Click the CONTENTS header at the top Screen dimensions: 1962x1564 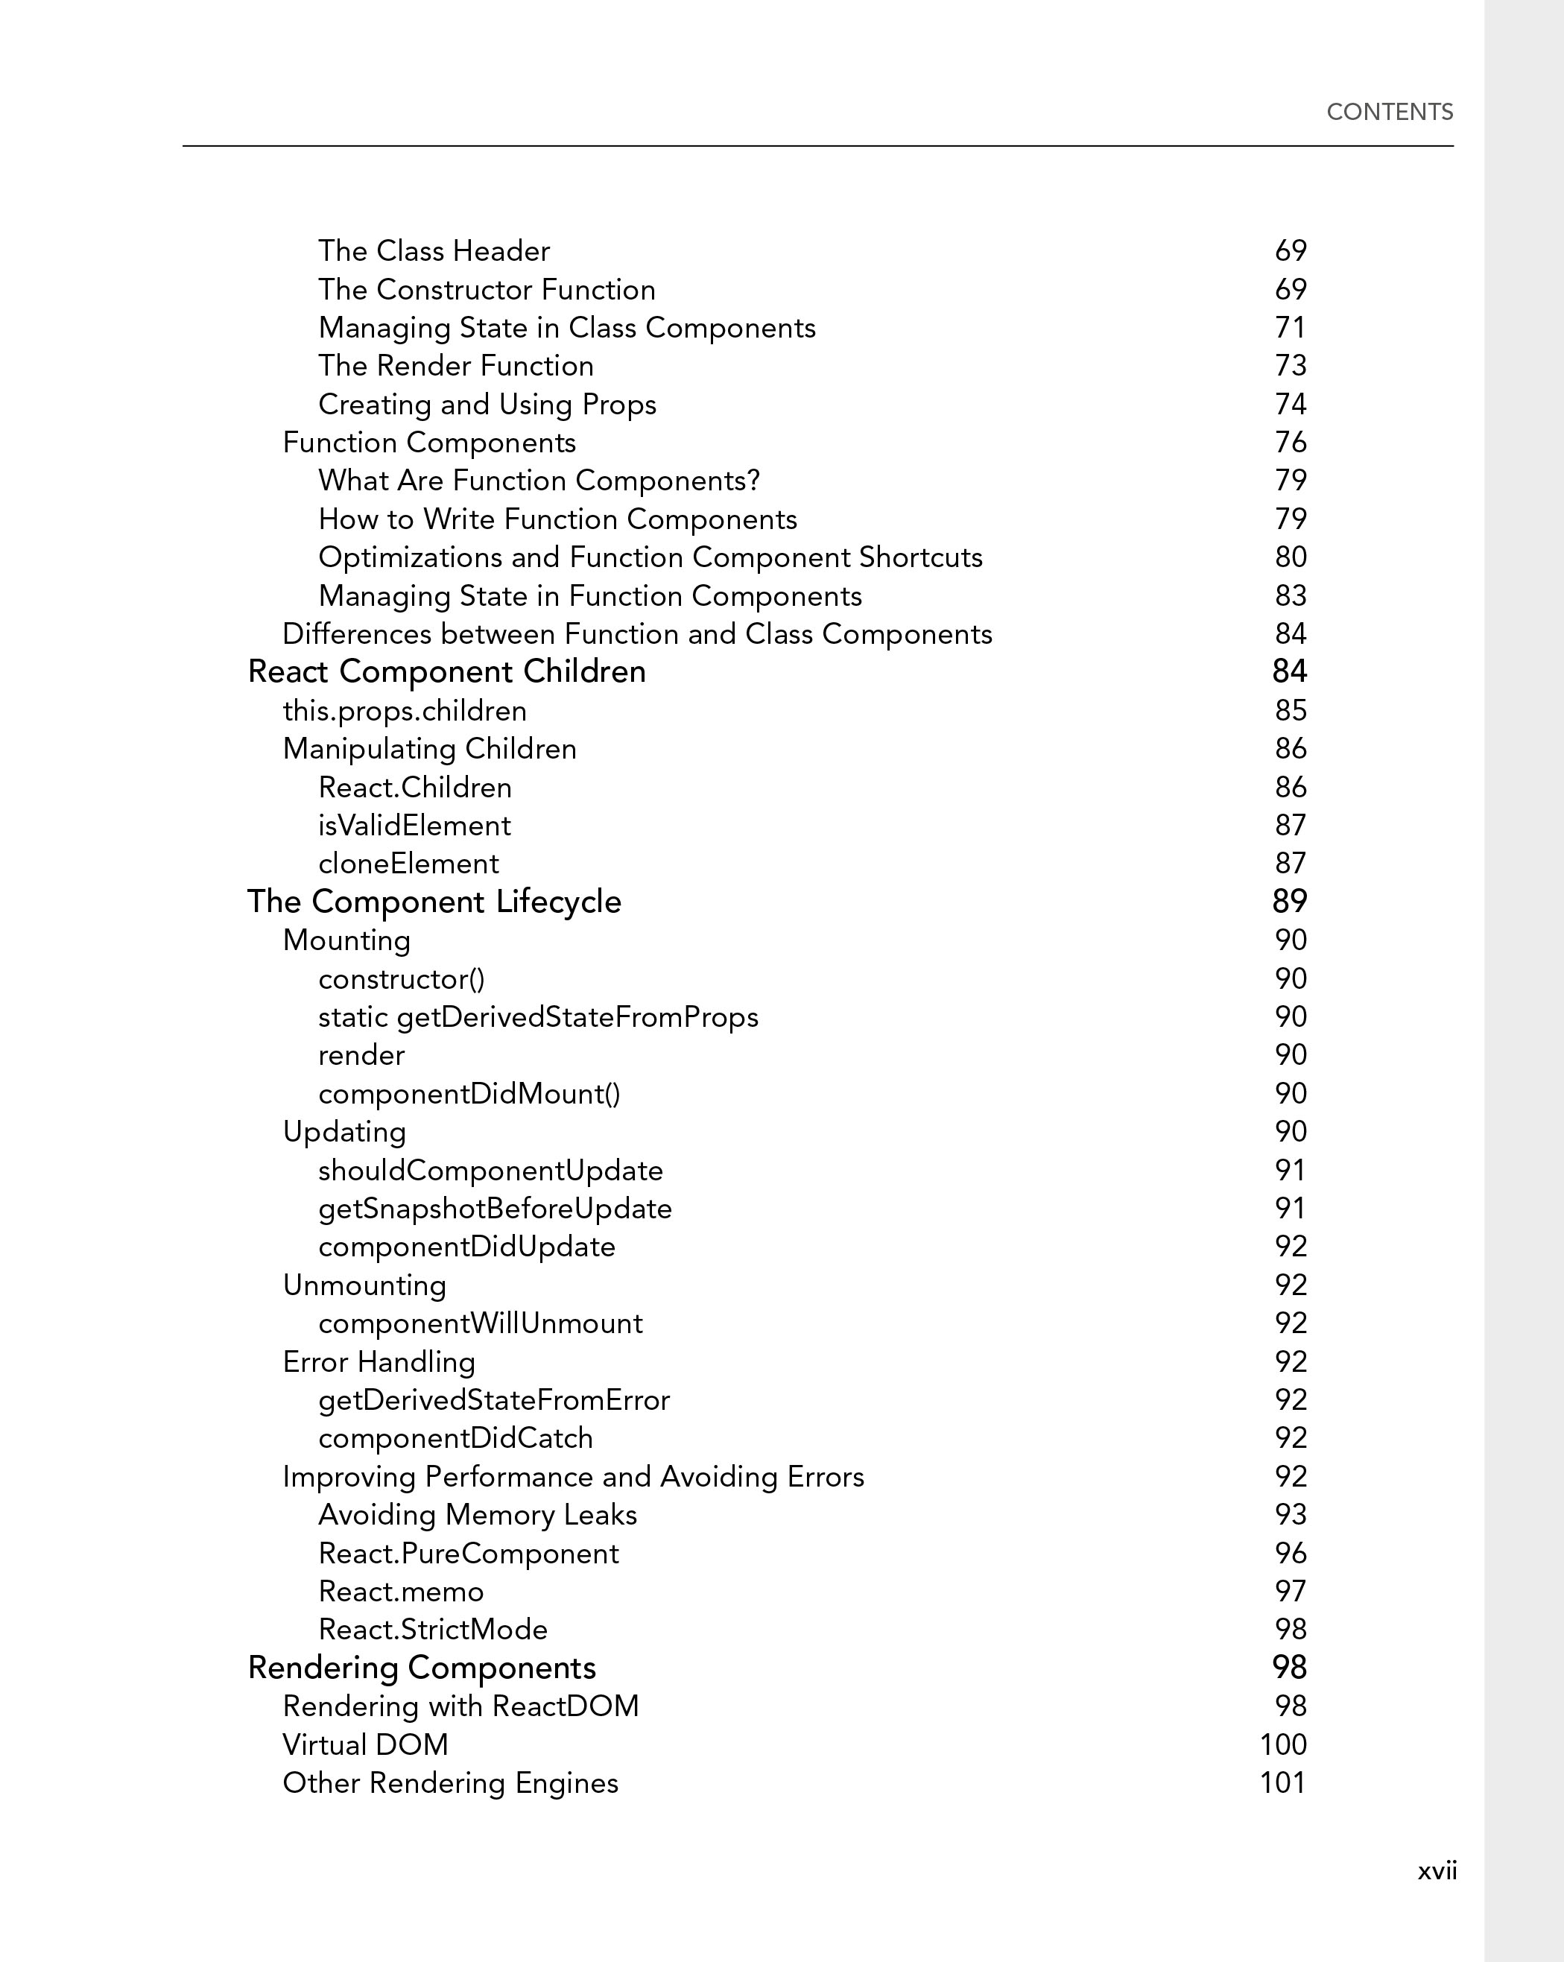coord(1390,112)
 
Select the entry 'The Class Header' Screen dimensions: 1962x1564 coord(434,251)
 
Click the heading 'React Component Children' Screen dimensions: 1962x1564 coord(447,671)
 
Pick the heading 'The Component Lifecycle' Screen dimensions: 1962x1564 coord(434,902)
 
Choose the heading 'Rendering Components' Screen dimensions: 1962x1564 coord(421,1668)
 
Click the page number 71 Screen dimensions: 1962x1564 coord(1290,328)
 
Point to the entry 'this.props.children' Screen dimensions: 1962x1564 coord(405,711)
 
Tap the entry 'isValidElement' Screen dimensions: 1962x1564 coord(414,826)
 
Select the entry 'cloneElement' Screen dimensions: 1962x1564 coord(408,864)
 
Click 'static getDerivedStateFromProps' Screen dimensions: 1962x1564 coord(538,1016)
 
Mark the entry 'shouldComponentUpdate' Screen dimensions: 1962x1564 coord(490,1171)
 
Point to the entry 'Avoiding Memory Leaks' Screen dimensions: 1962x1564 coord(478,1515)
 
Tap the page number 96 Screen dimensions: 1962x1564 coord(1290,1554)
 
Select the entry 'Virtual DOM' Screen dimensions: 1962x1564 coord(366,1744)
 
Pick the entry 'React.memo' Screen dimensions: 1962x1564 coord(401,1592)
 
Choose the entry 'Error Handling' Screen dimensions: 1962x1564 coord(379,1361)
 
